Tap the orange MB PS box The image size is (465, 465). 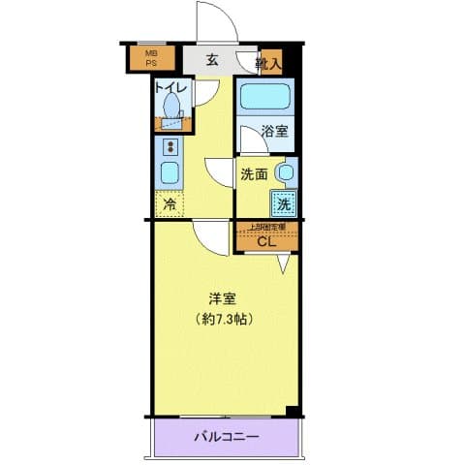point(152,58)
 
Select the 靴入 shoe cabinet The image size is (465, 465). point(269,64)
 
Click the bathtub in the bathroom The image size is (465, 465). point(264,97)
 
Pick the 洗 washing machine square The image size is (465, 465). point(283,203)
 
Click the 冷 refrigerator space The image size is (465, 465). point(170,204)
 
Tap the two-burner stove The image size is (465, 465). point(170,146)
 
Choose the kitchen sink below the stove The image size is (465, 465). point(170,174)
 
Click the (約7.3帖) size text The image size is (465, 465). point(223,318)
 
